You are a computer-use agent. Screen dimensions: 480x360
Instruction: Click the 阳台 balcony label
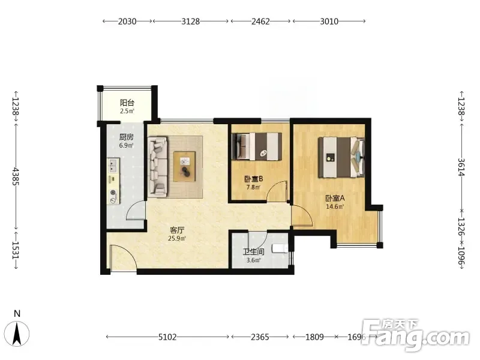tap(127, 103)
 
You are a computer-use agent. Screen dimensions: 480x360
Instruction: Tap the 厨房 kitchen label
tap(127, 137)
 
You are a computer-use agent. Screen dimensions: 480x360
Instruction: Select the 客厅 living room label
tap(177, 230)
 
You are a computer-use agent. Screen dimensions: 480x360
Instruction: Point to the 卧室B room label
tap(254, 179)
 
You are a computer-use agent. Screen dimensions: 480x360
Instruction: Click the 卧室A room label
tap(335, 198)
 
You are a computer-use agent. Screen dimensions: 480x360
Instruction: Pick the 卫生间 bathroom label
tap(254, 252)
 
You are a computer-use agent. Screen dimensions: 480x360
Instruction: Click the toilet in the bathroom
tap(280, 248)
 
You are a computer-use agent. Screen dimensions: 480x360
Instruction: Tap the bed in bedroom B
tap(257, 146)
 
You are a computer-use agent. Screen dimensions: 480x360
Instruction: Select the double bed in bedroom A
tap(341, 157)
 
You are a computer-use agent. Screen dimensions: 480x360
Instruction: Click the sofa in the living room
tap(158, 166)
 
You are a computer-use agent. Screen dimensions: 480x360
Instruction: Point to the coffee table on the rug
tap(185, 167)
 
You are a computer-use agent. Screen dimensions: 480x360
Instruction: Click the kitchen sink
tap(113, 166)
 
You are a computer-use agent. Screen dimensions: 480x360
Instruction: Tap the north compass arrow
tap(17, 334)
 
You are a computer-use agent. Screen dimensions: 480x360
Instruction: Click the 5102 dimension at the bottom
tap(167, 337)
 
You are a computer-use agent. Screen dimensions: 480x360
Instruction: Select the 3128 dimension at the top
tap(190, 22)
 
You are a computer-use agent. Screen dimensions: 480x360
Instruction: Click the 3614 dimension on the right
tap(461, 167)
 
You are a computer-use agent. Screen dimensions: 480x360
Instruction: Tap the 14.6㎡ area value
tap(335, 206)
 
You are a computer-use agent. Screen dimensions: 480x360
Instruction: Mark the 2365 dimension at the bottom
tap(260, 337)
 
